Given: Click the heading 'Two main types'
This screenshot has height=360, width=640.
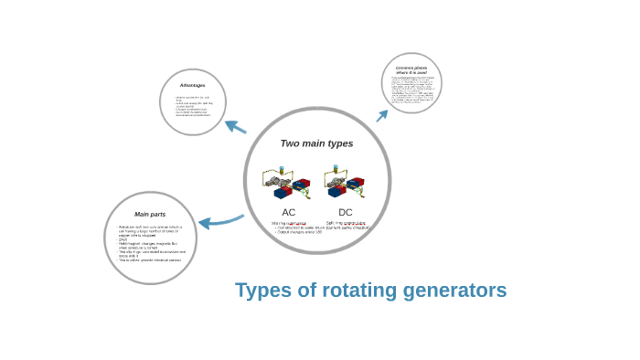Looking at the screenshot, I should pos(316,143).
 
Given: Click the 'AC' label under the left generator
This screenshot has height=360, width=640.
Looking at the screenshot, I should pos(289,212).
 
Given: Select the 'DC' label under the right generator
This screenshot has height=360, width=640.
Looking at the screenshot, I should pos(346,212).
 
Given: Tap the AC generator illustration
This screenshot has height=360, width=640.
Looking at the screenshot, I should pos(287,183).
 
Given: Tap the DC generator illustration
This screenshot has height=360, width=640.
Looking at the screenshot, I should pos(344,182).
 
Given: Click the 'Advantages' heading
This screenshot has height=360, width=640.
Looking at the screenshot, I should pos(192,86).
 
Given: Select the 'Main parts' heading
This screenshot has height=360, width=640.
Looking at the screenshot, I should pos(150,214).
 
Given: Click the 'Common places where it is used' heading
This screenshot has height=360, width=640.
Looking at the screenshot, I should pos(411,69).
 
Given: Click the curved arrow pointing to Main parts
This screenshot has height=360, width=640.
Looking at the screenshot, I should pos(219,221).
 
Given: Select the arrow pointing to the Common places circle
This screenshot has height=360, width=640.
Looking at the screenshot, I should pos(382,115).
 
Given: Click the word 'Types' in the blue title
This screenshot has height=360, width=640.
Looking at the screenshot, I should pos(263,291).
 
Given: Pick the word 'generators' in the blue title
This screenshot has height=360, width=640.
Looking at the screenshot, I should pos(457,291).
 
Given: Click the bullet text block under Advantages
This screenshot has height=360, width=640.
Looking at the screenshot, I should pos(193,106).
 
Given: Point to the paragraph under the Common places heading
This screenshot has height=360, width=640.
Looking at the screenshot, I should pos(411,90).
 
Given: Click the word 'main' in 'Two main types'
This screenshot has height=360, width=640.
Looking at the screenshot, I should pos(315,143).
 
